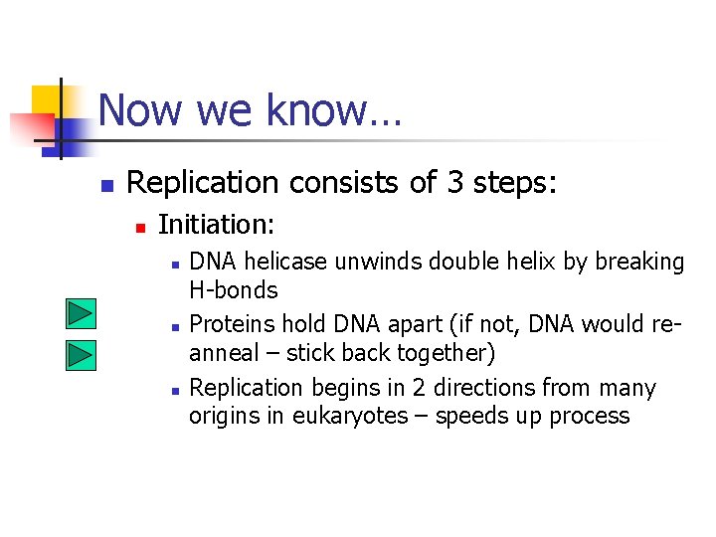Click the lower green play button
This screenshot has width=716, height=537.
coord(81,354)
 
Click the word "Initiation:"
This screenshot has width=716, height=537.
coord(216,226)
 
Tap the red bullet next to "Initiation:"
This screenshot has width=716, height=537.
coord(140,228)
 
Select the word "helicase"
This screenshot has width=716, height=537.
coord(286,262)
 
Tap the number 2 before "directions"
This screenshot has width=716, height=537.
coord(408,387)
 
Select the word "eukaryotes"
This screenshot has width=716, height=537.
coord(349,416)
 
